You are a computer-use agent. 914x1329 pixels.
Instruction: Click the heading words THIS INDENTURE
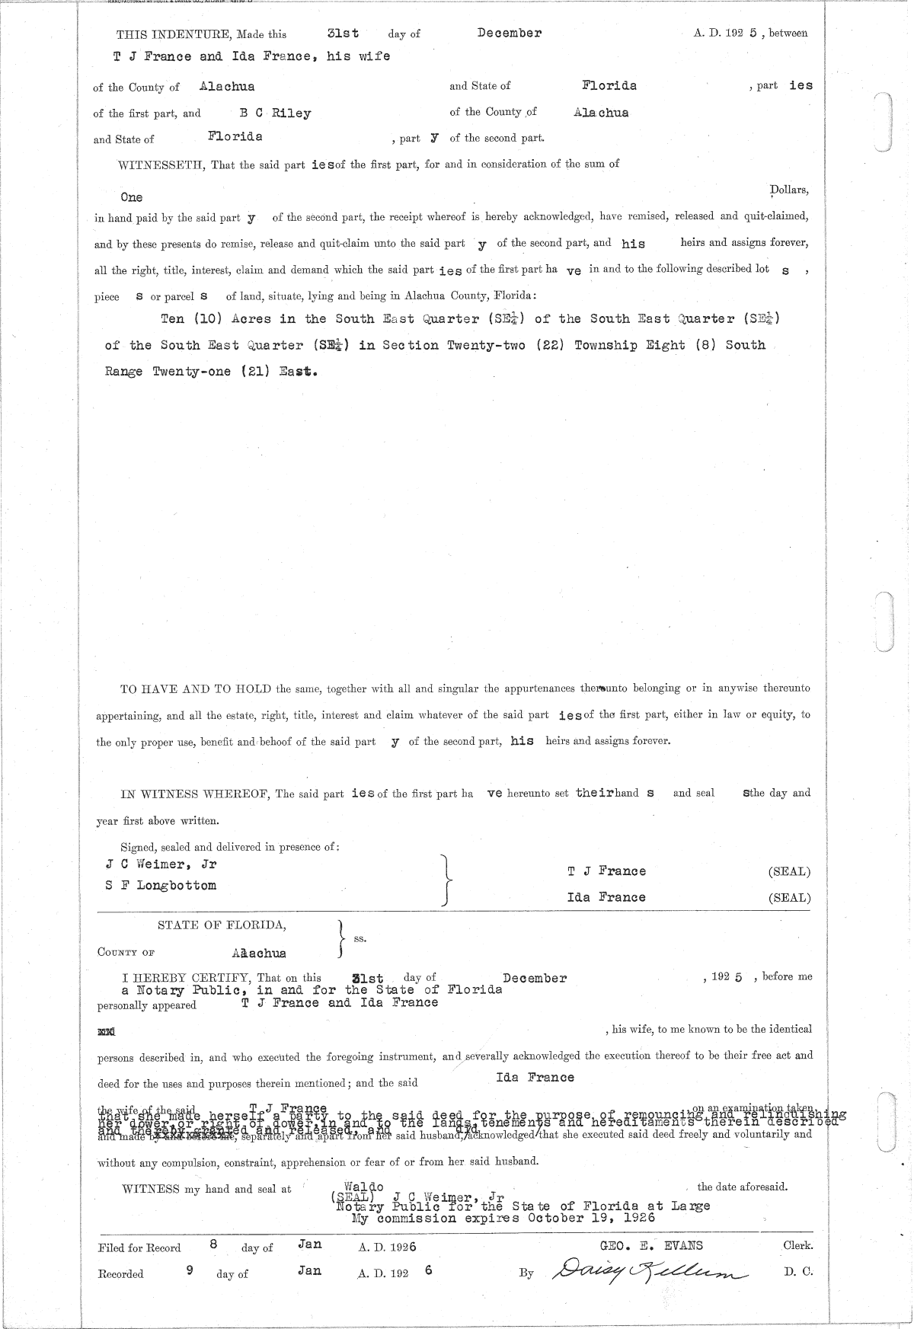pyautogui.click(x=174, y=34)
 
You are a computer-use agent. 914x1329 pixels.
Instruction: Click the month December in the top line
pyautogui.click(x=509, y=33)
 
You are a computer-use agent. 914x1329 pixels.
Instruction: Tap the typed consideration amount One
pyautogui.click(x=131, y=197)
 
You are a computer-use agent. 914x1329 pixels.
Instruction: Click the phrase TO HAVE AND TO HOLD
pyautogui.click(x=196, y=688)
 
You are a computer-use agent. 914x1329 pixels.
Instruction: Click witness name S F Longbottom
pyautogui.click(x=161, y=886)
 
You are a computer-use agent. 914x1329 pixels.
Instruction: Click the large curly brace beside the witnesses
pyautogui.click(x=448, y=880)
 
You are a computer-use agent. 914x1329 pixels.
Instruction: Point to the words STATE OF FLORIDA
pyautogui.click(x=222, y=925)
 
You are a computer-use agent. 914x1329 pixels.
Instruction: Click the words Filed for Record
pyautogui.click(x=139, y=1248)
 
